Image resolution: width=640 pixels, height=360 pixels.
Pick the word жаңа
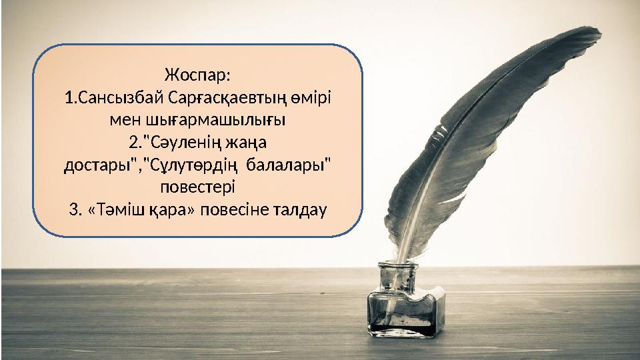pyautogui.click(x=251, y=142)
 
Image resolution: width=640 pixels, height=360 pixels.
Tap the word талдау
pyautogui.click(x=298, y=210)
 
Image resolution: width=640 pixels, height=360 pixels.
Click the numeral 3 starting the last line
pyautogui.click(x=73, y=210)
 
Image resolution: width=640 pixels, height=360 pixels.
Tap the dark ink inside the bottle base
pyautogui.click(x=400, y=327)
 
